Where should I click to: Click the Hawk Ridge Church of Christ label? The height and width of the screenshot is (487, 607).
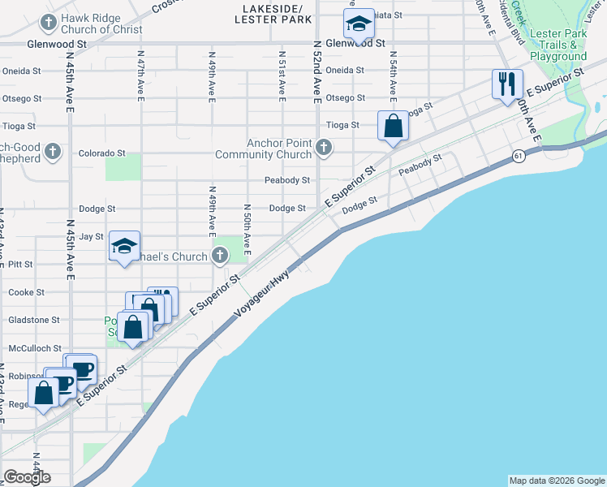95,24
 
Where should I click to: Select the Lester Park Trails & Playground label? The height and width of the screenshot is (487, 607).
558,45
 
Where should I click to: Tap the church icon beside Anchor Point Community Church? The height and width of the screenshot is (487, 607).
324,148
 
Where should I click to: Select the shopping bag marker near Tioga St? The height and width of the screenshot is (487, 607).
393,127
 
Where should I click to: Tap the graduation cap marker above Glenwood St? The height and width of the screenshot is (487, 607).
358,24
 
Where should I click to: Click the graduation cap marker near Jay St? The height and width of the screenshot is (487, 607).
125,246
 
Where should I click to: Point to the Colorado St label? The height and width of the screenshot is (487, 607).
101,153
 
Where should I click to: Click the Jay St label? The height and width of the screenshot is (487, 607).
92,236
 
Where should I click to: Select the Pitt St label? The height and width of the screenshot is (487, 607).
19,265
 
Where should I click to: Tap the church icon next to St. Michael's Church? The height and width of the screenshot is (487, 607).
219,257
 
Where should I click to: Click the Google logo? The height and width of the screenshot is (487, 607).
27,477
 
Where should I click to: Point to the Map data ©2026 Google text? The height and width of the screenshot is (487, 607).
556,481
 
